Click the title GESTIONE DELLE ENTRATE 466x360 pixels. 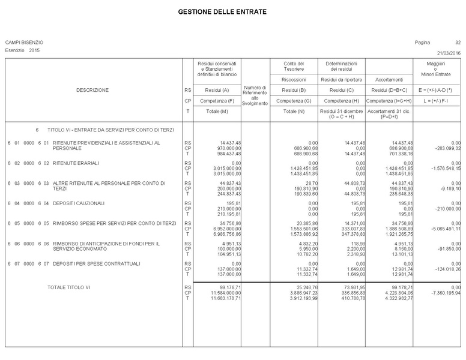222,12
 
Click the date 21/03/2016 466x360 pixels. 449,53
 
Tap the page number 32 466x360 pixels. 458,43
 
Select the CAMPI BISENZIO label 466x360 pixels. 24,43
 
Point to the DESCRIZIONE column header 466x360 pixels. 92,90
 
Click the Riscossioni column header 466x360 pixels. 294,79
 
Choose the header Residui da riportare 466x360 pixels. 341,79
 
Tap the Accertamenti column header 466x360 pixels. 389,79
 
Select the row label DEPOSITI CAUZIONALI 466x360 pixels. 79,203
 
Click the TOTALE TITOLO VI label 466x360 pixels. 68,288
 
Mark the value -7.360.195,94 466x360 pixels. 443,293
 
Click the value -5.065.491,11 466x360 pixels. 443,229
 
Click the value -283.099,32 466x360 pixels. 444,148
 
